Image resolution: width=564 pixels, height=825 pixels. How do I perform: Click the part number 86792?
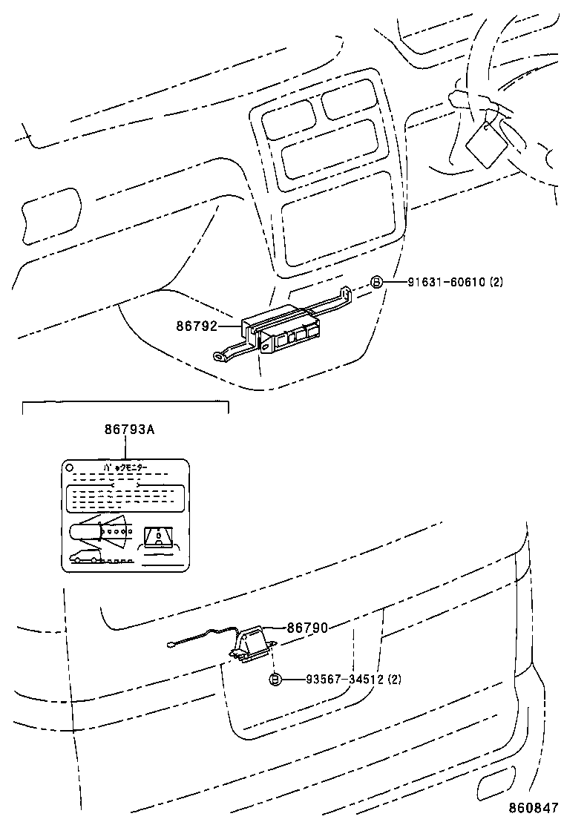(x=197, y=324)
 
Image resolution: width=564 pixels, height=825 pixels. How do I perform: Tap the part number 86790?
(x=307, y=628)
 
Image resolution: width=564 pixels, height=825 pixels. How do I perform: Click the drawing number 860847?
(x=532, y=807)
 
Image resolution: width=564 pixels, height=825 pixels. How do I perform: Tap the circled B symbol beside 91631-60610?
(x=376, y=282)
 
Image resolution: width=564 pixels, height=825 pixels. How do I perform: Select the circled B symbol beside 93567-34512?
(x=275, y=679)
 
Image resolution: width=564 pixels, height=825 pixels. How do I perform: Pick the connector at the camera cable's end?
(x=171, y=643)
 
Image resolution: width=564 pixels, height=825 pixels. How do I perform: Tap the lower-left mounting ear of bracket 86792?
(x=221, y=357)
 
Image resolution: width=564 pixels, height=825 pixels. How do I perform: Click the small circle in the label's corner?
(x=70, y=468)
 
